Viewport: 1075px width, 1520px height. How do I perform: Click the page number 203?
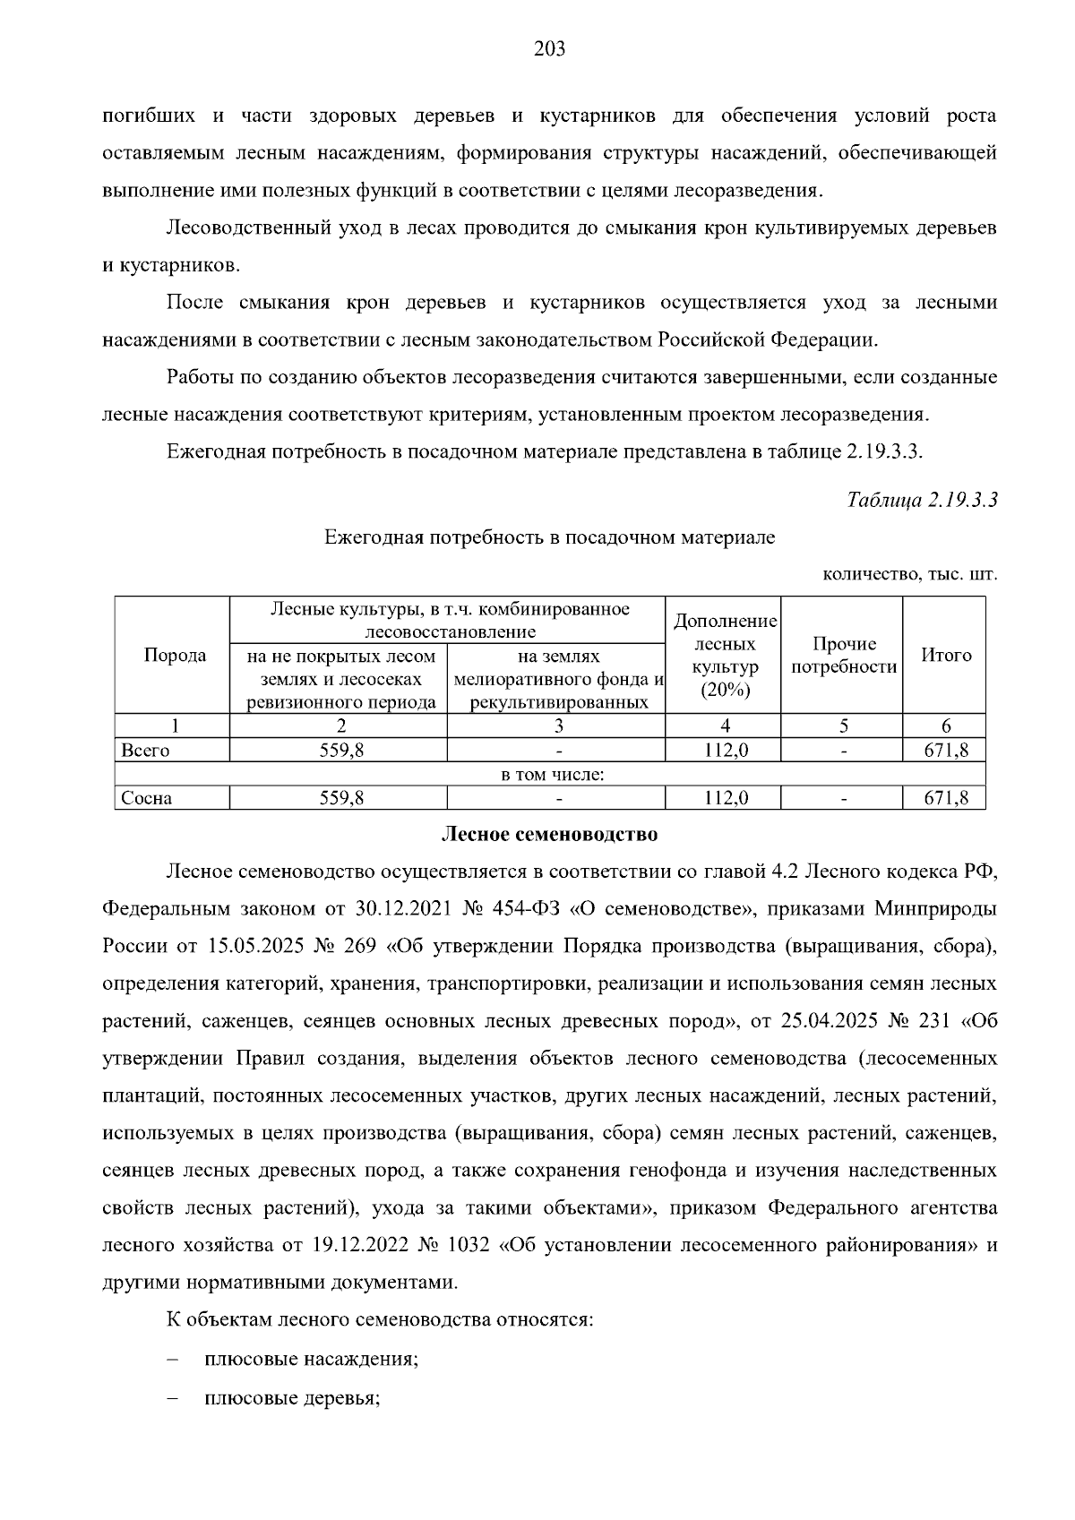pyautogui.click(x=549, y=49)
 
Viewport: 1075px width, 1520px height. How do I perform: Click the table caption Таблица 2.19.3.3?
pyautogui.click(x=922, y=501)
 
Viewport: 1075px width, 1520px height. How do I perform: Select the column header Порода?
pyautogui.click(x=175, y=656)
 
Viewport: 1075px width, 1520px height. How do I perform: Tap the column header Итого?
pyautogui.click(x=946, y=656)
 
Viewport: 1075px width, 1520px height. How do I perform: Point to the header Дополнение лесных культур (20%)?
pyautogui.click(x=725, y=656)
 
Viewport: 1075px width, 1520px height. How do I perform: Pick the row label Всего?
pyautogui.click(x=145, y=751)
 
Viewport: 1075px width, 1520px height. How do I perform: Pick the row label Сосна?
pyautogui.click(x=147, y=798)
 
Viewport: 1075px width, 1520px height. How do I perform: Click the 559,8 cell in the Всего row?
pyautogui.click(x=340, y=751)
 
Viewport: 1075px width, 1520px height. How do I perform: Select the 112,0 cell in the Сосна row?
pyautogui.click(x=725, y=798)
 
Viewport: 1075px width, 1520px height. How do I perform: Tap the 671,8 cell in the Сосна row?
pyautogui.click(x=946, y=798)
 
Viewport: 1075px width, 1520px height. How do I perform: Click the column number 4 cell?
pyautogui.click(x=725, y=726)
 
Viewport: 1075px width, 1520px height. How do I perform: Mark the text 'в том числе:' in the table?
pyautogui.click(x=552, y=774)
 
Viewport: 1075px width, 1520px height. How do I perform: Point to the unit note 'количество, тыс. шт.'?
pyautogui.click(x=909, y=574)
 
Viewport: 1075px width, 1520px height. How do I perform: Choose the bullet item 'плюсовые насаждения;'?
pyautogui.click(x=312, y=1359)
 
